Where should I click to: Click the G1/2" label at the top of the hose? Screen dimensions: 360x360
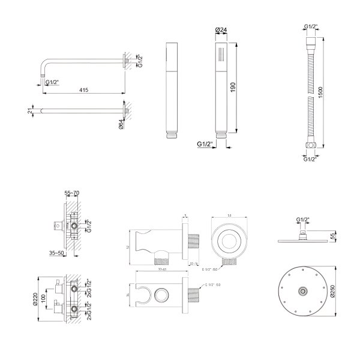point(310,26)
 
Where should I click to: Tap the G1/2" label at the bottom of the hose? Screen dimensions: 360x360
point(310,159)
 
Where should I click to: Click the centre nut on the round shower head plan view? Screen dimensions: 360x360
point(304,292)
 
